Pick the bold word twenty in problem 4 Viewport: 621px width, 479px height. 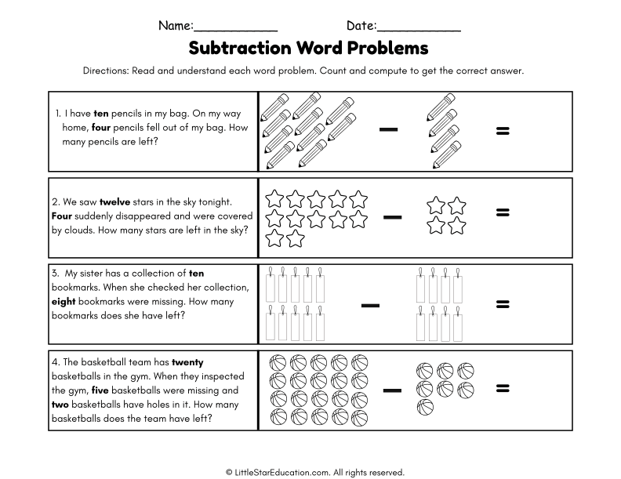[x=187, y=361]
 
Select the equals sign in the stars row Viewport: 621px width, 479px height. [x=503, y=212]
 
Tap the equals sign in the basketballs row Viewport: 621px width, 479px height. [x=503, y=388]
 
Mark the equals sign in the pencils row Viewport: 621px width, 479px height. [x=503, y=130]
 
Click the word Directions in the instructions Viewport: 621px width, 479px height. [x=107, y=71]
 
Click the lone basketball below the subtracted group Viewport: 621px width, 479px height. [x=424, y=406]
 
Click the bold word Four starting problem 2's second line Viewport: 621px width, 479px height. [x=63, y=216]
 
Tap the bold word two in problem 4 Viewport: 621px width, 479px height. [x=61, y=404]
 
